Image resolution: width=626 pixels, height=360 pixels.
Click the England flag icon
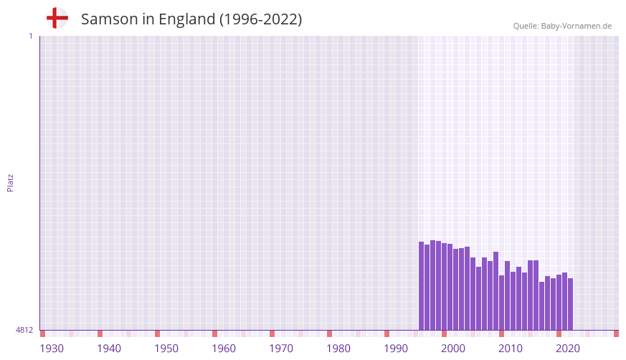coord(57,19)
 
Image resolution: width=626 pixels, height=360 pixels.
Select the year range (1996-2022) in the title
coord(261,19)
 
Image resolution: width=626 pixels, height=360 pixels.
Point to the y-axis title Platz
coord(10,182)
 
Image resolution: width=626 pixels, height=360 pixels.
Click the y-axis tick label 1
coord(30,36)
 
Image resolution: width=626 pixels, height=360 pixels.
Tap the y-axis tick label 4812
coord(24,330)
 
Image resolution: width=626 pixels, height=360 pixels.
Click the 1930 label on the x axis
coord(52,349)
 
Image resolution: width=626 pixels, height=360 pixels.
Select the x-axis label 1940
coord(109,349)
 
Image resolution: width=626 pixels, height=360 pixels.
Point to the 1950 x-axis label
coord(166,349)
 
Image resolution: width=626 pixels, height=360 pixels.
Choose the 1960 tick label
coord(224,349)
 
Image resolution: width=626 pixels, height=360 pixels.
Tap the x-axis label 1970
coord(281,349)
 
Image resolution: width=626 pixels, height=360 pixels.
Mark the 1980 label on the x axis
coord(338,349)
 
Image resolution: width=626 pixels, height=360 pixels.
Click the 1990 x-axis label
coord(396,349)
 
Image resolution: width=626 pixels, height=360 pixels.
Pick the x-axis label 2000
coord(453,349)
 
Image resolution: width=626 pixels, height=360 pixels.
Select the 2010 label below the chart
coord(511,349)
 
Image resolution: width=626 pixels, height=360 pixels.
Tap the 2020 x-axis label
coord(568,349)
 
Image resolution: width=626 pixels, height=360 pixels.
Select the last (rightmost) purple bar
coord(570,304)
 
